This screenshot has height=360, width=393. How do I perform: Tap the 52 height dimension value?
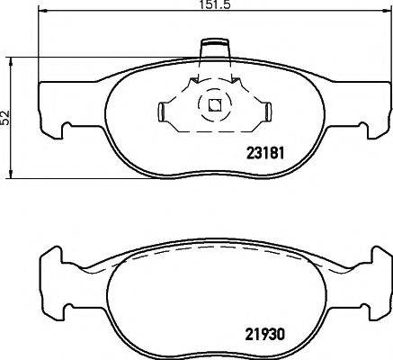[x=6, y=117]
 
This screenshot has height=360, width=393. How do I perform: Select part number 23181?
[x=264, y=152]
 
